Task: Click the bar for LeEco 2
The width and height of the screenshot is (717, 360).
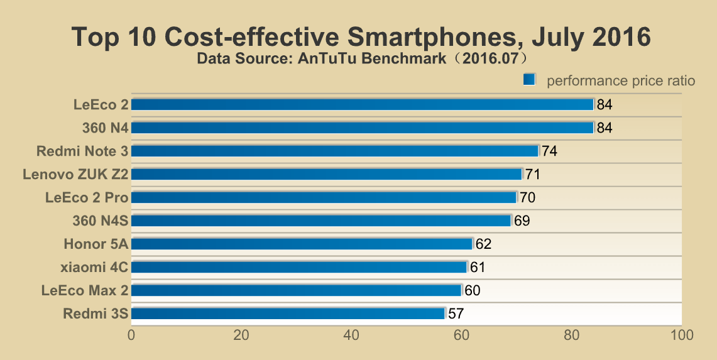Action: [362, 104]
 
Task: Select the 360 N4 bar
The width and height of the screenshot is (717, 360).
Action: [362, 128]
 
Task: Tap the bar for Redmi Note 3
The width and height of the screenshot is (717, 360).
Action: [335, 151]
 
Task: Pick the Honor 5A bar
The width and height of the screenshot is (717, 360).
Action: [302, 244]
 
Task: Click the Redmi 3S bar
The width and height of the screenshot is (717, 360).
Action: [288, 314]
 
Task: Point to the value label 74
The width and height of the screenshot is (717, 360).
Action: [550, 151]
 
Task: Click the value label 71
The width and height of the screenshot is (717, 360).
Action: [533, 175]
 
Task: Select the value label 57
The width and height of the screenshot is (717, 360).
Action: [456, 314]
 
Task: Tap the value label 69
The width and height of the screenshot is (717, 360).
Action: [522, 221]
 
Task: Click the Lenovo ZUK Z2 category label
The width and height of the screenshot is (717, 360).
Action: [75, 174]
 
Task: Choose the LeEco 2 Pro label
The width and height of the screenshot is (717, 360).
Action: [87, 197]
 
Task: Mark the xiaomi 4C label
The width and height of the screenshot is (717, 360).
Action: [94, 267]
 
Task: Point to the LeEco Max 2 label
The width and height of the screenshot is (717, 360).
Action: [85, 290]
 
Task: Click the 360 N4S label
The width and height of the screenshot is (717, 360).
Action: [101, 221]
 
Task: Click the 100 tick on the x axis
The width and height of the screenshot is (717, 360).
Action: [681, 335]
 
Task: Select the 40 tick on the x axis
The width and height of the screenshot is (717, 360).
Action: [351, 335]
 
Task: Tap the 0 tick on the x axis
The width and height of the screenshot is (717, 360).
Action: [131, 335]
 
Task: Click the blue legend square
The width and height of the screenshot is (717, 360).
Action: [528, 79]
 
